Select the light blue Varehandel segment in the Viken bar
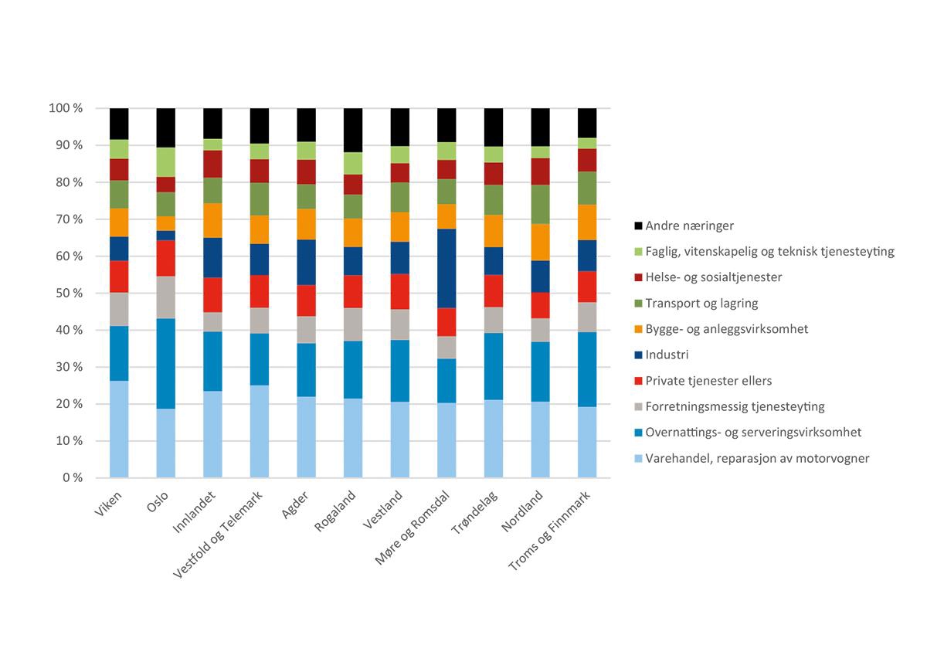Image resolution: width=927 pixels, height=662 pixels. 119,429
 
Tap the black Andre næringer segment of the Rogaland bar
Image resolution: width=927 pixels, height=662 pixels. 353,130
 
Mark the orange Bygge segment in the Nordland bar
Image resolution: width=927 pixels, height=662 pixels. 541,242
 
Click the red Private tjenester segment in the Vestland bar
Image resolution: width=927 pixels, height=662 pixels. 400,291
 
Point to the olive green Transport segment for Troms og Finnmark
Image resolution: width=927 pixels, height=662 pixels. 588,188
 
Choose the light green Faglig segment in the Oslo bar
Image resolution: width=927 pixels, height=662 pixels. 166,161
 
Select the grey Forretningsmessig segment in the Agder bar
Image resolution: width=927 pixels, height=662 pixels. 307,329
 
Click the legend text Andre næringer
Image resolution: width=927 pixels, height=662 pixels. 690,226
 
